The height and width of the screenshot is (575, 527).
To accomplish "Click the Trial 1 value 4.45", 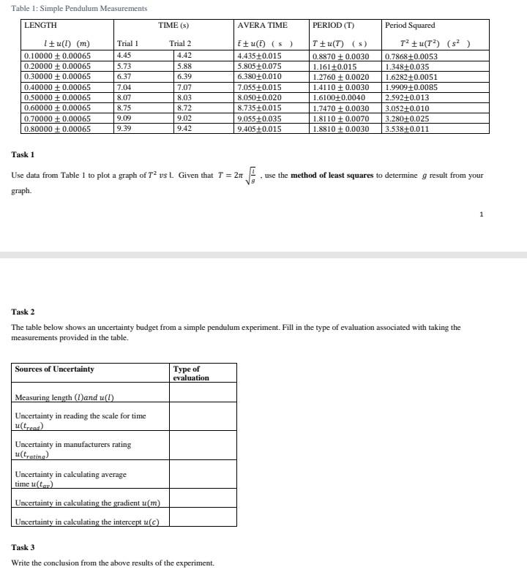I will [124, 55].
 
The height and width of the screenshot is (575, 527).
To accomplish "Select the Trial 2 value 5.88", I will [184, 65].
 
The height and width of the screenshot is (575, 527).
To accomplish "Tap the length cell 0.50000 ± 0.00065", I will [58, 97].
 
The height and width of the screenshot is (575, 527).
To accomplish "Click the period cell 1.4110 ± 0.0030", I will [340, 86].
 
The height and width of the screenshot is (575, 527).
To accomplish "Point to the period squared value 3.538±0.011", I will [407, 129].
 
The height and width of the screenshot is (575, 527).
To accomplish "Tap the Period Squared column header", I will [410, 25].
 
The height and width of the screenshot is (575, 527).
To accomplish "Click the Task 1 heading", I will [23, 154].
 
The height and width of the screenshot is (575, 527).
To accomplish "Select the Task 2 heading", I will [23, 312].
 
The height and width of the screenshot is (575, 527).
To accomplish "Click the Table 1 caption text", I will [79, 8].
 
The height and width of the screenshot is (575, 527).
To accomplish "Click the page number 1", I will [481, 214].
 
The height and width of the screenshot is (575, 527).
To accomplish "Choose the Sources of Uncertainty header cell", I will [55, 369].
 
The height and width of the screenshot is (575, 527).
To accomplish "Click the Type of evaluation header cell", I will [191, 373].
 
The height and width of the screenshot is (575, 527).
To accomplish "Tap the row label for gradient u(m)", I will [88, 503].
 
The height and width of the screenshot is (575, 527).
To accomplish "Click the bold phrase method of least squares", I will [332, 176].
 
